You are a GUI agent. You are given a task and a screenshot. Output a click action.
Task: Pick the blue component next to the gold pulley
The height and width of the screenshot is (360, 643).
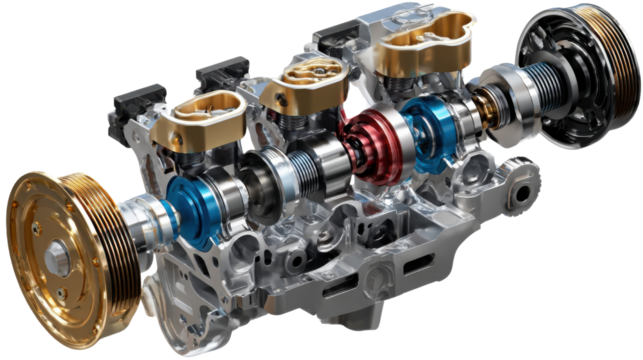191,206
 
